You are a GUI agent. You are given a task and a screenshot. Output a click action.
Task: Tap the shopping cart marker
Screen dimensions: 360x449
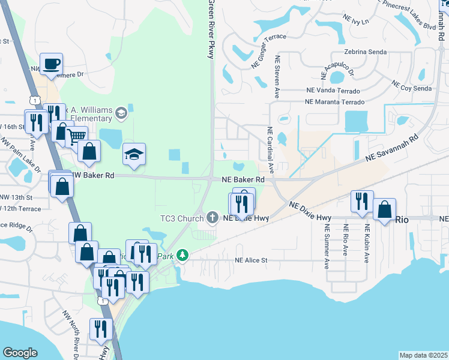(76, 137)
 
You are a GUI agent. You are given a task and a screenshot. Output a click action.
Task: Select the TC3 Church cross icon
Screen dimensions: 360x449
(212, 217)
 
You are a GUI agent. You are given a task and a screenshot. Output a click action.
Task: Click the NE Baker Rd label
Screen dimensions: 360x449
(243, 179)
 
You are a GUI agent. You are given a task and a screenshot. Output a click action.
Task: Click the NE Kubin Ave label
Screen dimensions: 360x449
(366, 244)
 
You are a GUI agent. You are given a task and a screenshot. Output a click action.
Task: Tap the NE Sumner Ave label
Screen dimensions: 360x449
(327, 247)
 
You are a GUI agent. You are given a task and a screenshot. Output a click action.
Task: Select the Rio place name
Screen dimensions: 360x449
(402, 220)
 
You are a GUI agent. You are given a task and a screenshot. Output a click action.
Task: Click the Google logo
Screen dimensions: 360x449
(20, 353)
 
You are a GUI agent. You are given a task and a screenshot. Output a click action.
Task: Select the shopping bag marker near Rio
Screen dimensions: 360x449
(384, 211)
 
